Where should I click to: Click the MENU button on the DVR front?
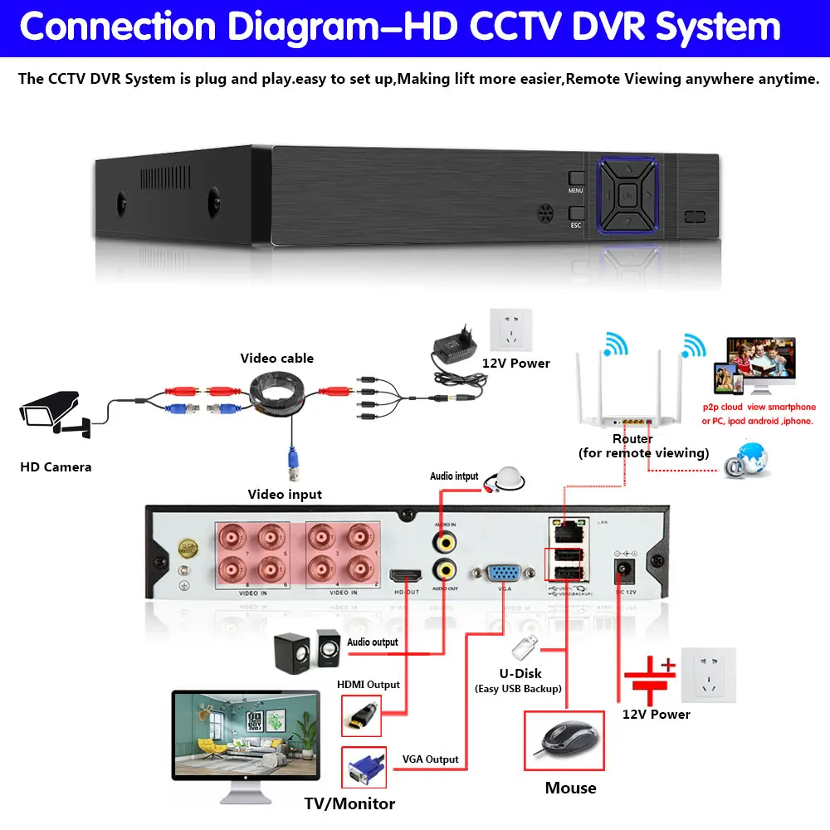coord(576,179)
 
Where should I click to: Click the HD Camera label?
coord(56,467)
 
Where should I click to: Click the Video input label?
coord(285,495)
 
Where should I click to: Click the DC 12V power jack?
coord(621,571)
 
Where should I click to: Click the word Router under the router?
coord(632,438)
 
